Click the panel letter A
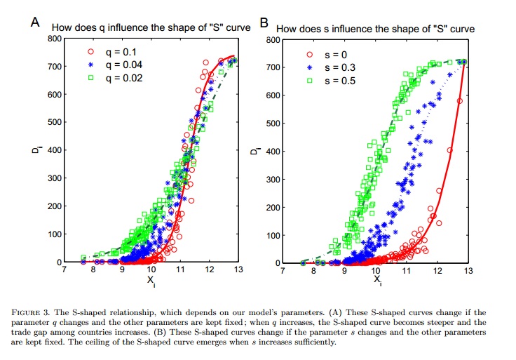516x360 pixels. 34,21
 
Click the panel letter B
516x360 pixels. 264,22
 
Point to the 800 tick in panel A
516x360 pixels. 55,38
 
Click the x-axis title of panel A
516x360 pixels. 151,279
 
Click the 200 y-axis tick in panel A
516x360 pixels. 55,206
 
